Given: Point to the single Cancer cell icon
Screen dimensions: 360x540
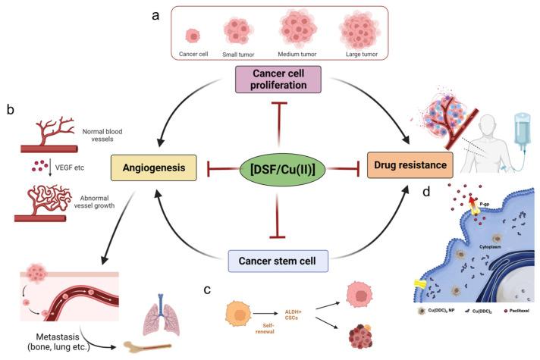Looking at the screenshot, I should coord(193,36).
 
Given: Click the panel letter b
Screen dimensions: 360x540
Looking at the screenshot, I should coord(9,108).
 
